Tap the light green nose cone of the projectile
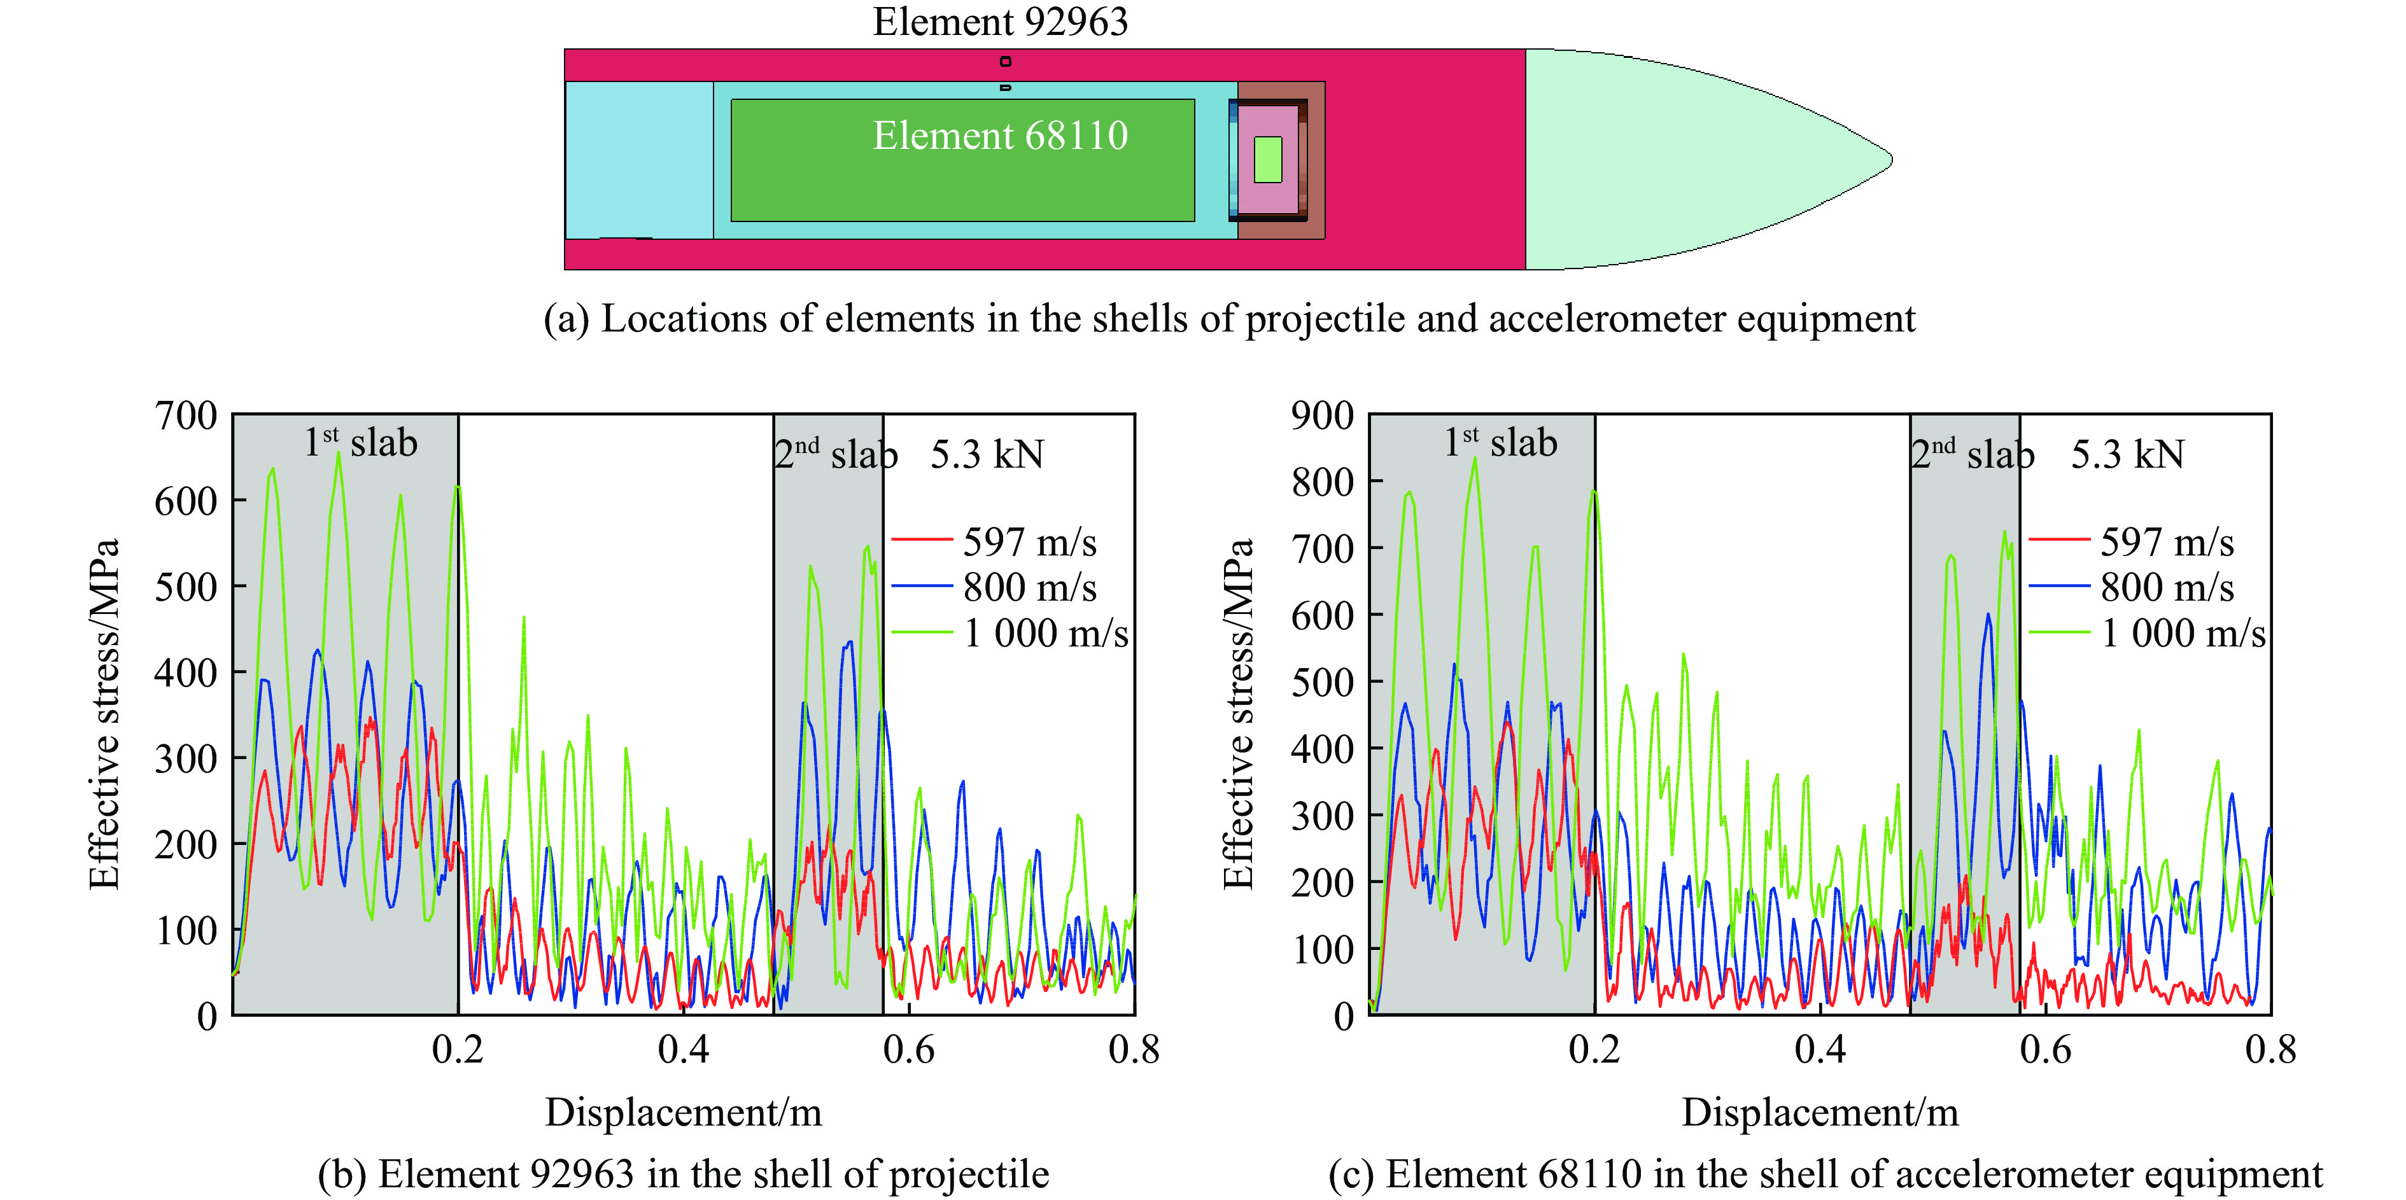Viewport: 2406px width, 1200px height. click(x=1681, y=159)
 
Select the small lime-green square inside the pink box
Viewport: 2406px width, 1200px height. click(x=1267, y=160)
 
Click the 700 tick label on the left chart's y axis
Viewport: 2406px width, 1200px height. click(x=186, y=415)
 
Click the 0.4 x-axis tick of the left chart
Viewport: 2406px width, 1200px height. click(x=683, y=1050)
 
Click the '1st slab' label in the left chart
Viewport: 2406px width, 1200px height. click(x=360, y=442)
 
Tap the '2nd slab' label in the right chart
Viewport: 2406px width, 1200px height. click(x=1972, y=454)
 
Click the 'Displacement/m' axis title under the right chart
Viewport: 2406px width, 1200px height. click(x=1819, y=1112)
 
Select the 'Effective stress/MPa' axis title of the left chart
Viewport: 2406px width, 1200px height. click(x=104, y=715)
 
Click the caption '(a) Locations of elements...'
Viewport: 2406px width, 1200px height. click(x=1228, y=318)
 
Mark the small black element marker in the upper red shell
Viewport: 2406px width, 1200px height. click(x=1005, y=62)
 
